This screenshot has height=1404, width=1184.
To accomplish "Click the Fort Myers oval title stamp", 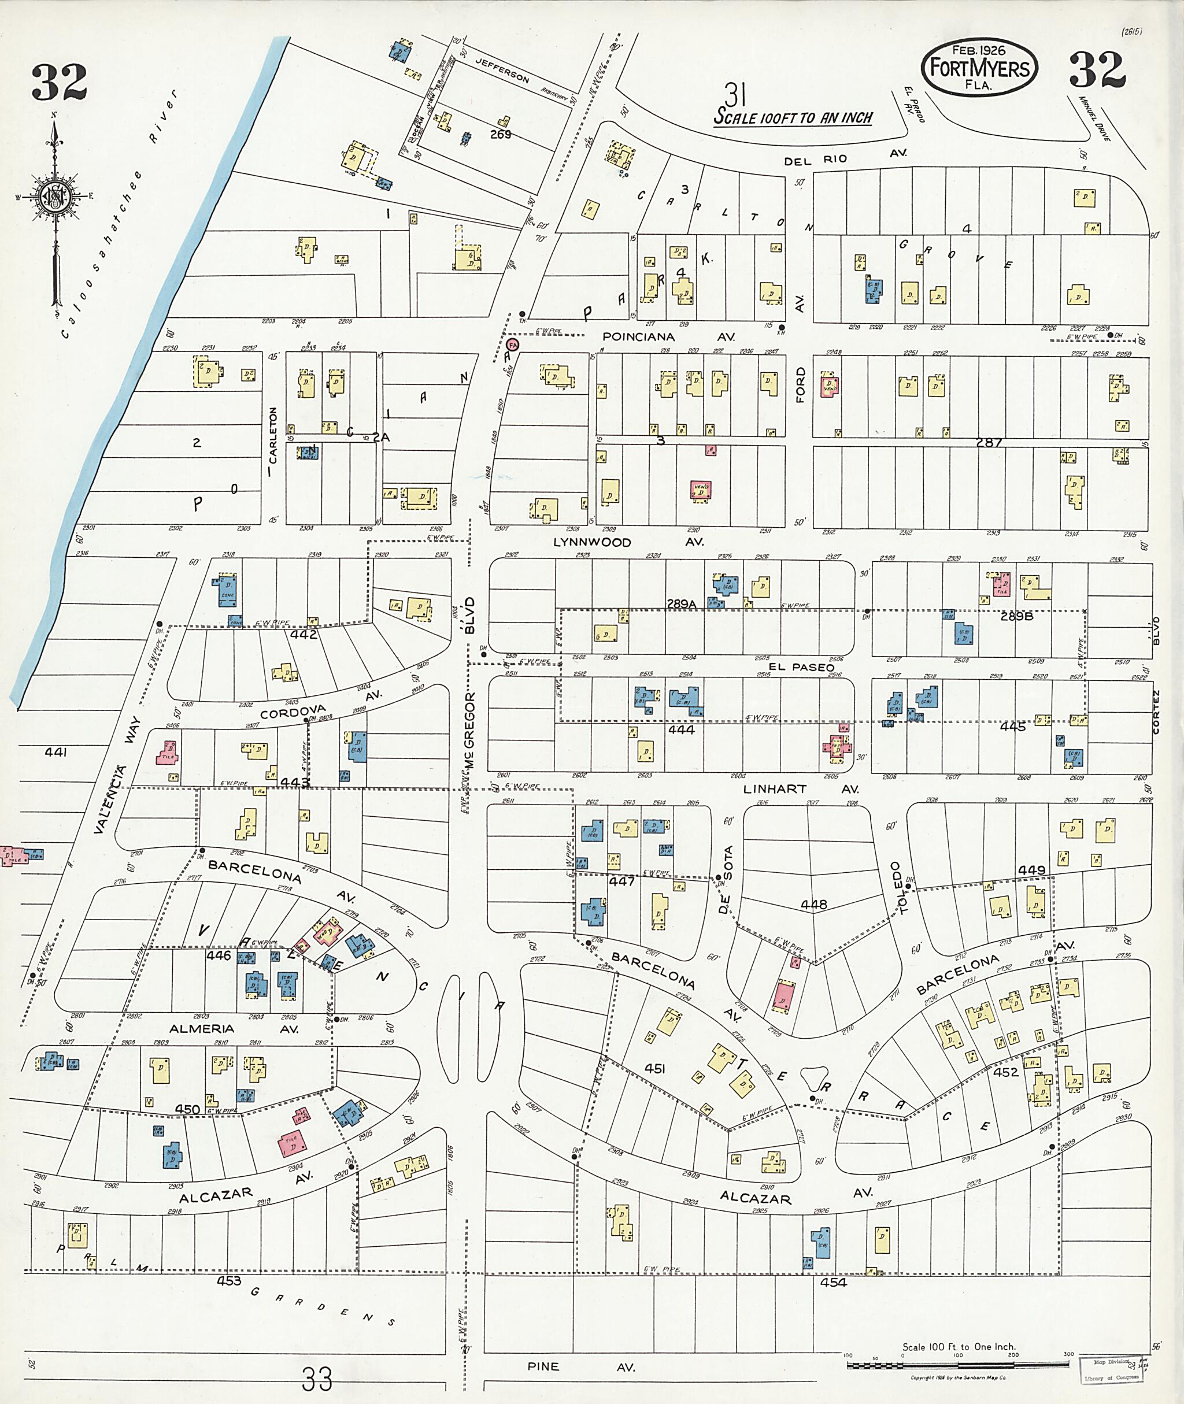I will pyautogui.click(x=979, y=67).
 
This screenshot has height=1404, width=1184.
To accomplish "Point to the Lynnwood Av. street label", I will pyautogui.click(x=628, y=542).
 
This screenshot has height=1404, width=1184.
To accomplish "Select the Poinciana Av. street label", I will pyautogui.click(x=668, y=336).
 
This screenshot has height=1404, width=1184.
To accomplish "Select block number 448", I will pyautogui.click(x=813, y=905).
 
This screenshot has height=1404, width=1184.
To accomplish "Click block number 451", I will pyautogui.click(x=654, y=1068).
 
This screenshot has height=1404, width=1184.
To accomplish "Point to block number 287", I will pyautogui.click(x=989, y=442).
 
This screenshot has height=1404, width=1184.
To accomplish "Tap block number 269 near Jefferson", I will pyautogui.click(x=500, y=134).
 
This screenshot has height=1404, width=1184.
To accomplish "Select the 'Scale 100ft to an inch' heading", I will pyautogui.click(x=793, y=117).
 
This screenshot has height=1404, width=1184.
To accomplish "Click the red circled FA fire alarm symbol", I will pyautogui.click(x=513, y=344).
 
